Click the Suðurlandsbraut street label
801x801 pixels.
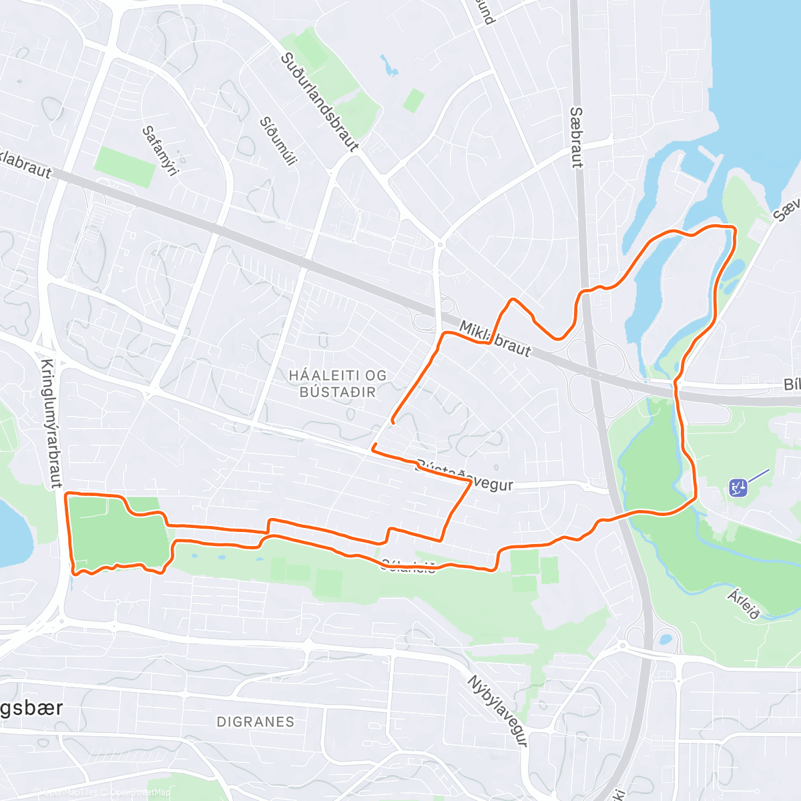319,101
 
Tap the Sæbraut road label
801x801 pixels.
577,137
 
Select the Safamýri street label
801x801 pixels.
161,151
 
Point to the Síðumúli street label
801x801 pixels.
278,141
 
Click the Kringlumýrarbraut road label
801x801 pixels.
48,423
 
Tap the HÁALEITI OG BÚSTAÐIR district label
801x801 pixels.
338,384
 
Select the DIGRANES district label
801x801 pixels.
256,722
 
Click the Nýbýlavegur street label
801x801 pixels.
497,710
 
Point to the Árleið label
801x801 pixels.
744,603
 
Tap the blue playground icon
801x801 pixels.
738,487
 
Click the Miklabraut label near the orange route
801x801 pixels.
495,338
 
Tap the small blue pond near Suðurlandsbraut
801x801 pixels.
387,65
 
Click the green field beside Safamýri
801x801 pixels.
125,166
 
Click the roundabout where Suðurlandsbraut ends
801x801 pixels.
439,244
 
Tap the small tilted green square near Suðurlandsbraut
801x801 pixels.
413,100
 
